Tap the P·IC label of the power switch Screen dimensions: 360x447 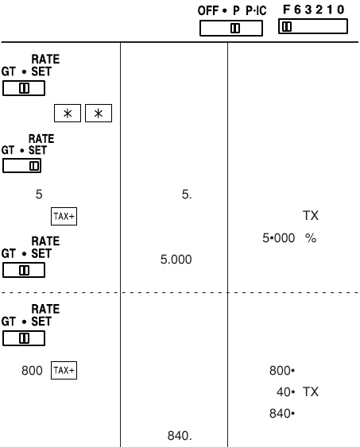click(256, 11)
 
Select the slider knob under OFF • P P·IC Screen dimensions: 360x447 click(235, 28)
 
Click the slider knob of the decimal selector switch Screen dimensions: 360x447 click(287, 26)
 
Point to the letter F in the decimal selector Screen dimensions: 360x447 click(286, 10)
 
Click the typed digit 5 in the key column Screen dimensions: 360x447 click(39, 195)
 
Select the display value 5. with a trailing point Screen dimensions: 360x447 click(187, 195)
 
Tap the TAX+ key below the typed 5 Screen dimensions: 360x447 click(64, 217)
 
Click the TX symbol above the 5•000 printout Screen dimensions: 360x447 click(311, 215)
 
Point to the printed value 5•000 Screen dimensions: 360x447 click(278, 238)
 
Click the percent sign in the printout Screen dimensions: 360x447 click(311, 238)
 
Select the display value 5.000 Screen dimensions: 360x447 click(176, 260)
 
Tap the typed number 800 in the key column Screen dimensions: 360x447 click(32, 371)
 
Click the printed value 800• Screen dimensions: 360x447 click(282, 371)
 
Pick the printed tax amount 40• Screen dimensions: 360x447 click(285, 392)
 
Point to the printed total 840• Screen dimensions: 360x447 click(282, 414)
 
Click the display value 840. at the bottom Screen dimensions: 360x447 click(180, 436)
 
